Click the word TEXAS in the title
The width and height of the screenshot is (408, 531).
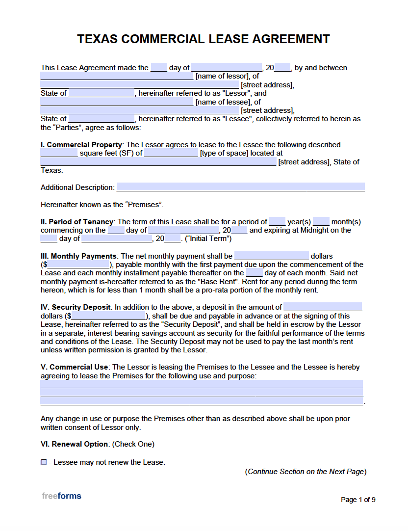[x=97, y=39]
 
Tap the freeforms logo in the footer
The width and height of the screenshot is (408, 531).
[x=61, y=496]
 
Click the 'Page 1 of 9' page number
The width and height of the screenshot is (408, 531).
[x=358, y=500]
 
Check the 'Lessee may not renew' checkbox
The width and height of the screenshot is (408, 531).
[x=44, y=462]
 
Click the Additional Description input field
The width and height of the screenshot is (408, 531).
[x=240, y=187]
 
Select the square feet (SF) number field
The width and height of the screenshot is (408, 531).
[x=59, y=153]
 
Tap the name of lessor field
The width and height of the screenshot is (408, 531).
[x=117, y=76]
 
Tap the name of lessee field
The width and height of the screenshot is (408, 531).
[x=117, y=102]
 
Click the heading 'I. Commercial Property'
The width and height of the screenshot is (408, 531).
[x=81, y=145]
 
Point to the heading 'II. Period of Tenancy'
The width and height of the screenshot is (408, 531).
[x=77, y=222]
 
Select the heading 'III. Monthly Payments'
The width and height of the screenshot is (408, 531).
[x=78, y=256]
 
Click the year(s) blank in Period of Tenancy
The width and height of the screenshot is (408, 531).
[x=277, y=221]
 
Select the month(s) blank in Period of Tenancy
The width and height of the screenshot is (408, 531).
[x=321, y=221]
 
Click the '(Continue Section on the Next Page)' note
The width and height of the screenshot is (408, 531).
[x=306, y=472]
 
